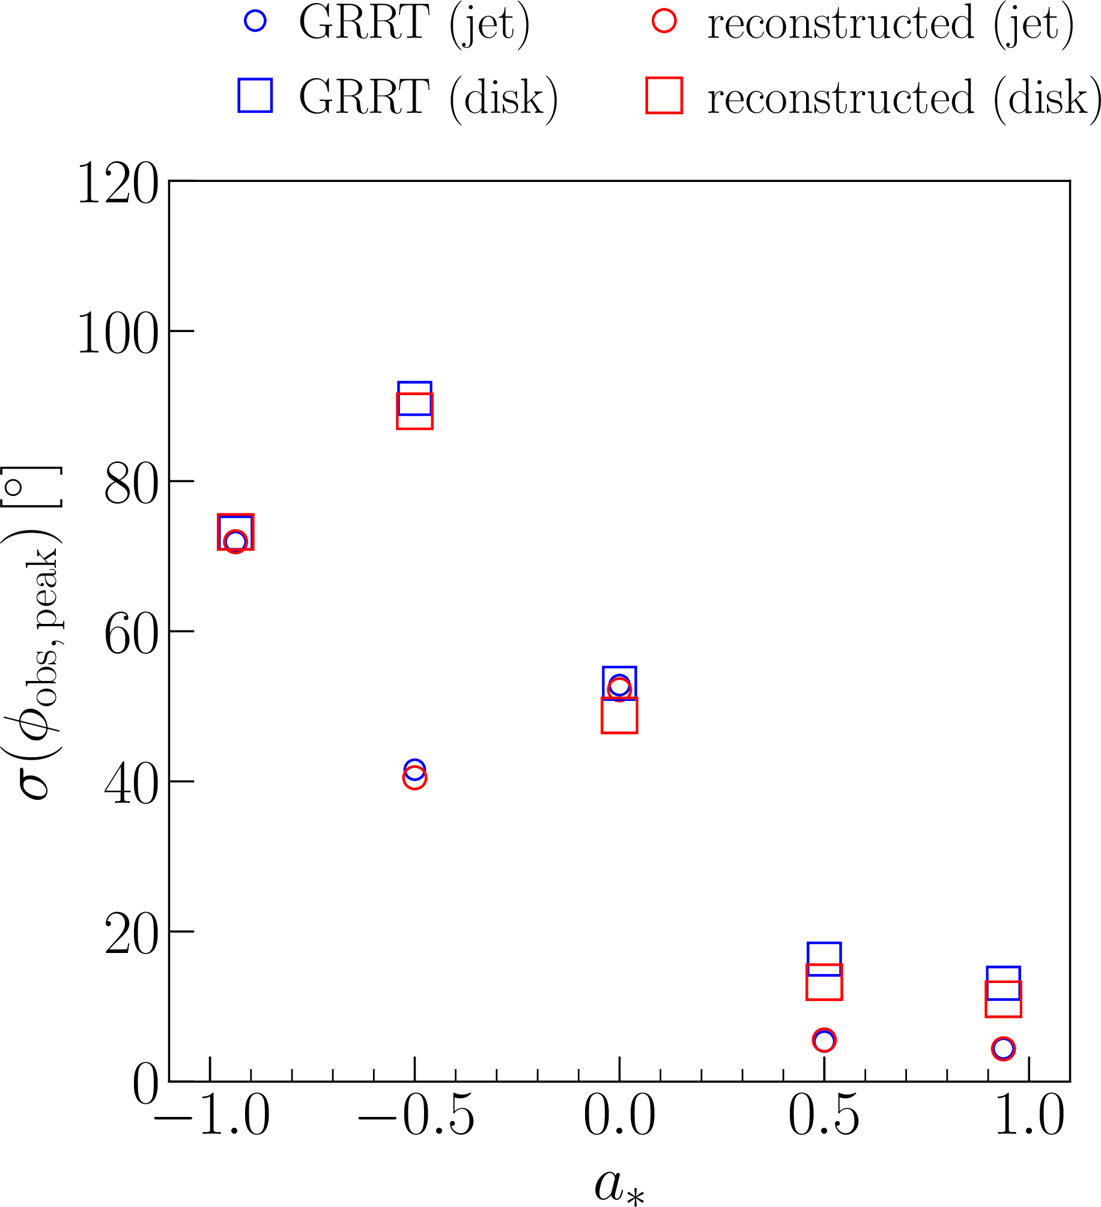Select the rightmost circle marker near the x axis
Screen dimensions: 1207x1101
[1004, 1048]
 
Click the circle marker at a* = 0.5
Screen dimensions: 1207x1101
[824, 1040]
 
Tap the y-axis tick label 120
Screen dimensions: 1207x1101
[118, 184]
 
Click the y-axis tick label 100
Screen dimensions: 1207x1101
[118, 333]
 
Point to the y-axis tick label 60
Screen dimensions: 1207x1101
[131, 634]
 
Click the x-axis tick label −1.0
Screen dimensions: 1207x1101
[212, 1116]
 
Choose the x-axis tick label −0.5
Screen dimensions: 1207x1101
[416, 1116]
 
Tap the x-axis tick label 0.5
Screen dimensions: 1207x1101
[824, 1116]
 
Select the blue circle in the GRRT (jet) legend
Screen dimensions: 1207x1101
[255, 22]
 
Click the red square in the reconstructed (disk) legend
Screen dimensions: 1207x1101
[664, 95]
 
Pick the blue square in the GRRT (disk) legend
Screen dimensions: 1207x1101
[255, 95]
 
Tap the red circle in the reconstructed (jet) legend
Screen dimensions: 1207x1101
[664, 22]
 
